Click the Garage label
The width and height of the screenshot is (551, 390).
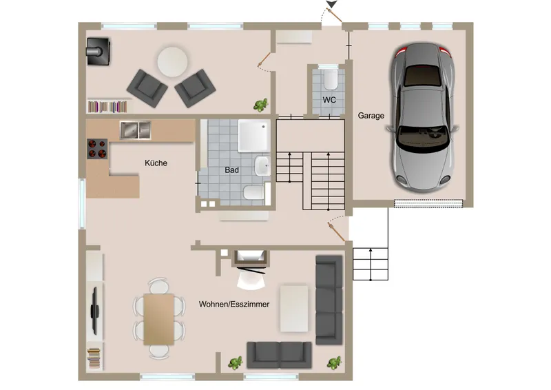[x=371, y=115]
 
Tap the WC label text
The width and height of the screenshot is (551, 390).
[x=329, y=100]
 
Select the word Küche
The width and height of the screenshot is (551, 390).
[x=156, y=163]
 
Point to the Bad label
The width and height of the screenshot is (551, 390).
[x=231, y=170]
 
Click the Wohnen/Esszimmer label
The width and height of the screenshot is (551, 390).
[x=234, y=304]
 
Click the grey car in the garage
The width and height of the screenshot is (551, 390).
[x=423, y=118]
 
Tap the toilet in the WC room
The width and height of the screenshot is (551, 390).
[x=331, y=79]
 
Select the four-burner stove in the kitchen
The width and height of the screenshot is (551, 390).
[x=97, y=149]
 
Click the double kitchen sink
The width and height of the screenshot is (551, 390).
[x=135, y=130]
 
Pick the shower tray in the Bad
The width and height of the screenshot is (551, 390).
[x=254, y=136]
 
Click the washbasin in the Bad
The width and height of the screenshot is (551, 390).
[x=262, y=165]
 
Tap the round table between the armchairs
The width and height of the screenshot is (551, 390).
[x=172, y=62]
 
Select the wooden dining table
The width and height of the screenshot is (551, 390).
[x=159, y=319]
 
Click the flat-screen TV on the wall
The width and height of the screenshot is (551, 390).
[x=94, y=311]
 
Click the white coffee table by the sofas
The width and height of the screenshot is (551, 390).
[x=294, y=309]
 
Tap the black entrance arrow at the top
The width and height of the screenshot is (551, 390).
[x=331, y=4]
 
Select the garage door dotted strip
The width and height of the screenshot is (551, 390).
[x=428, y=204]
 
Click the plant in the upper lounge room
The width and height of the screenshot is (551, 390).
[x=261, y=105]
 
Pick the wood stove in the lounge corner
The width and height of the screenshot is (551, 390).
[x=98, y=52]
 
